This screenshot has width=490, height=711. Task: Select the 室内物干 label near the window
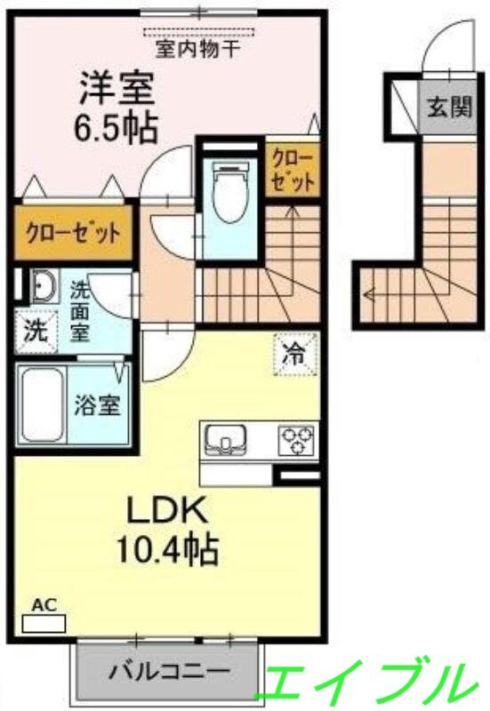coord(197,48)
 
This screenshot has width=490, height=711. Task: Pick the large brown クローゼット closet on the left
coord(73,235)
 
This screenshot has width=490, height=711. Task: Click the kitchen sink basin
coord(227,439)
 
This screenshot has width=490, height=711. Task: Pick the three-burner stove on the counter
coord(296,438)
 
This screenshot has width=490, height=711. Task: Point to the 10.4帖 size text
coord(165,550)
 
